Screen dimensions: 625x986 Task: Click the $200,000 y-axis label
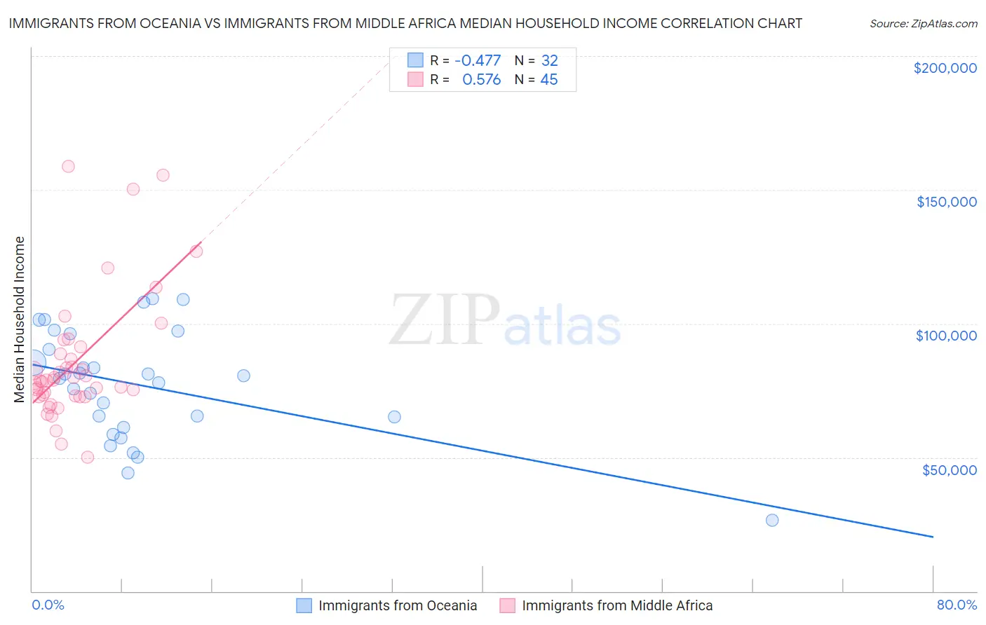pos(945,68)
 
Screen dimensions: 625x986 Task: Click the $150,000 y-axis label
pos(946,202)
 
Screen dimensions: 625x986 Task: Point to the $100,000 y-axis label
pos(946,336)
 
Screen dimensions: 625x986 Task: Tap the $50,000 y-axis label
pos(949,469)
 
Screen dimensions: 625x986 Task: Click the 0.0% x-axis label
pos(48,605)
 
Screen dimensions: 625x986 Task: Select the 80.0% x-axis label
pos(957,605)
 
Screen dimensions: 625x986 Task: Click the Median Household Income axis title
pos(20,320)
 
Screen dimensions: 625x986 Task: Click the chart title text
pos(405,23)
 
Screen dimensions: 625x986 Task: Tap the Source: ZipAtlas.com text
pos(923,24)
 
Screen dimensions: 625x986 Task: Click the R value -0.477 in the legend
pos(478,60)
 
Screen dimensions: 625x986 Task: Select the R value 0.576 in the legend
pos(481,80)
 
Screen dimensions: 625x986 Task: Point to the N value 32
pos(549,60)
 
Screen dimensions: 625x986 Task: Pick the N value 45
pos(549,80)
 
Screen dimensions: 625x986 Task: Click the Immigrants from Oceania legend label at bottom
pos(398,605)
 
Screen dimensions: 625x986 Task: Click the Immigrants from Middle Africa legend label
pos(617,605)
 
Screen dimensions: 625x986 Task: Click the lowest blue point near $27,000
pos(772,520)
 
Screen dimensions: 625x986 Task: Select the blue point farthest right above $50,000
pos(394,417)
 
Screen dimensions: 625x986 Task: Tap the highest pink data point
pos(68,166)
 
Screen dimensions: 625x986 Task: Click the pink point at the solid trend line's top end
pos(196,251)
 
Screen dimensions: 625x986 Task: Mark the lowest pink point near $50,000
pos(88,457)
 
